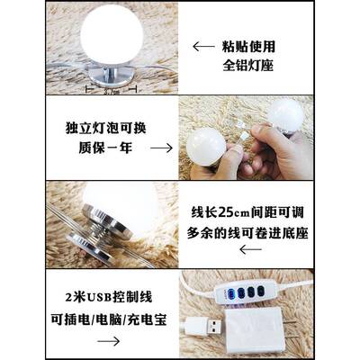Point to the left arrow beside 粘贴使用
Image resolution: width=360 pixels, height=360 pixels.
(x=203, y=45)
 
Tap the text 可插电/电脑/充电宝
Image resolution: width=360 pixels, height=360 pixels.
(x=98, y=319)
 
